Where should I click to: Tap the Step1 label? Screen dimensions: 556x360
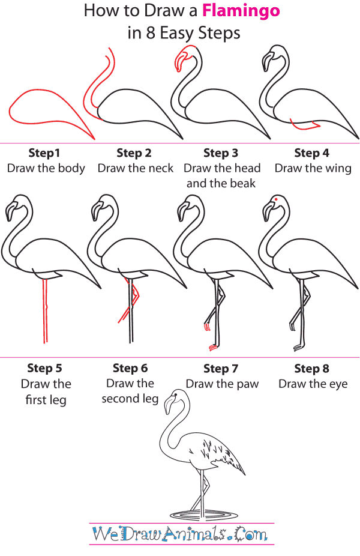pyautogui.click(x=45, y=153)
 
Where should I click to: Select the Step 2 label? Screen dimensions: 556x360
pyautogui.click(x=134, y=153)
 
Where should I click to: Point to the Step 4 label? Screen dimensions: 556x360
pyautogui.click(x=312, y=153)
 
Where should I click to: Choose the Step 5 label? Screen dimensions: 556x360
pyautogui.click(x=45, y=368)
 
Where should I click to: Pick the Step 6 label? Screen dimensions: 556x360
pyautogui.click(x=130, y=368)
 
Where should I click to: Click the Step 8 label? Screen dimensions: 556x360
pyautogui.click(x=312, y=368)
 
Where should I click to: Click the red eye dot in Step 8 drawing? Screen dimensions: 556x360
pyautogui.click(x=275, y=199)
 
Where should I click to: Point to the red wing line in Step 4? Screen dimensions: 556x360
pyautogui.click(x=303, y=126)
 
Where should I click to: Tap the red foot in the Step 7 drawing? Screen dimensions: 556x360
pyautogui.click(x=212, y=348)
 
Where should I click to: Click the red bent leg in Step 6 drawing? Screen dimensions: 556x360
pyautogui.click(x=131, y=300)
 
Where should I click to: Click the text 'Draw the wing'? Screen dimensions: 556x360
pyautogui.click(x=313, y=168)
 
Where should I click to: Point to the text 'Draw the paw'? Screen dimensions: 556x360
pyautogui.click(x=222, y=384)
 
